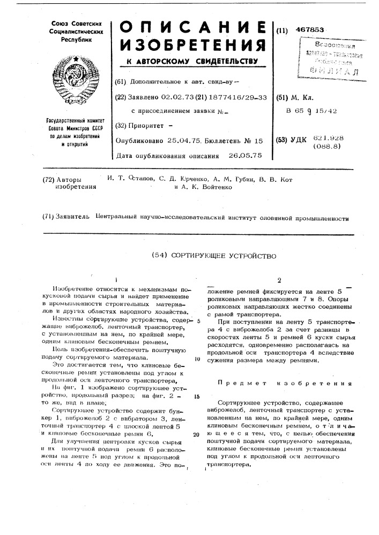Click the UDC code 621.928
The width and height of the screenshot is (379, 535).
tap(329, 138)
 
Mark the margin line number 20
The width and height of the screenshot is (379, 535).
tap(197, 434)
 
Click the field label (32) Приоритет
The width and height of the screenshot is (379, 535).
tap(142, 126)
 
